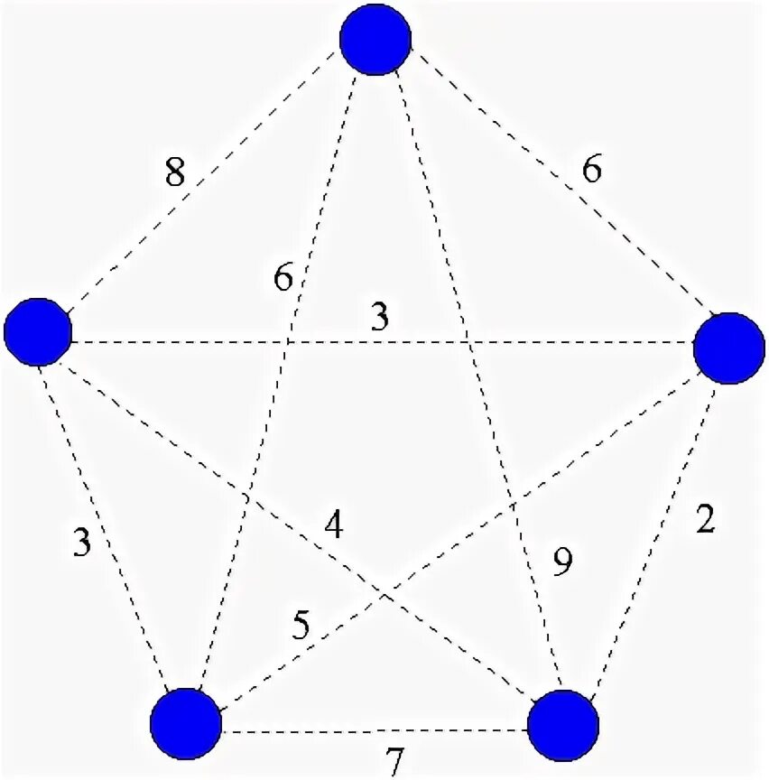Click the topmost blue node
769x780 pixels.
375,40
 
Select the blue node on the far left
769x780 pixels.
38,332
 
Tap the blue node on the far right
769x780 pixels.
728,348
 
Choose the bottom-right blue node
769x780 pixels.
563,726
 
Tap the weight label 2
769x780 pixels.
706,522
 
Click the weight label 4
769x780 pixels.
333,525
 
